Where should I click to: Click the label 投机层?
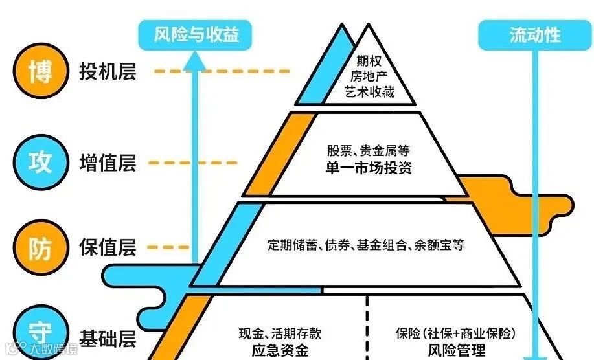[108, 71]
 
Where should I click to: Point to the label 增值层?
[108, 163]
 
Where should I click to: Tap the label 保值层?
[108, 247]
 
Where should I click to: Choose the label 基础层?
[108, 337]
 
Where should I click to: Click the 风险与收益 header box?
[196, 34]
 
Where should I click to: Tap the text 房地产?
[369, 76]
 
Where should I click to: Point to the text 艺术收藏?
[369, 92]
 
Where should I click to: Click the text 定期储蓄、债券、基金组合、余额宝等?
[366, 245]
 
